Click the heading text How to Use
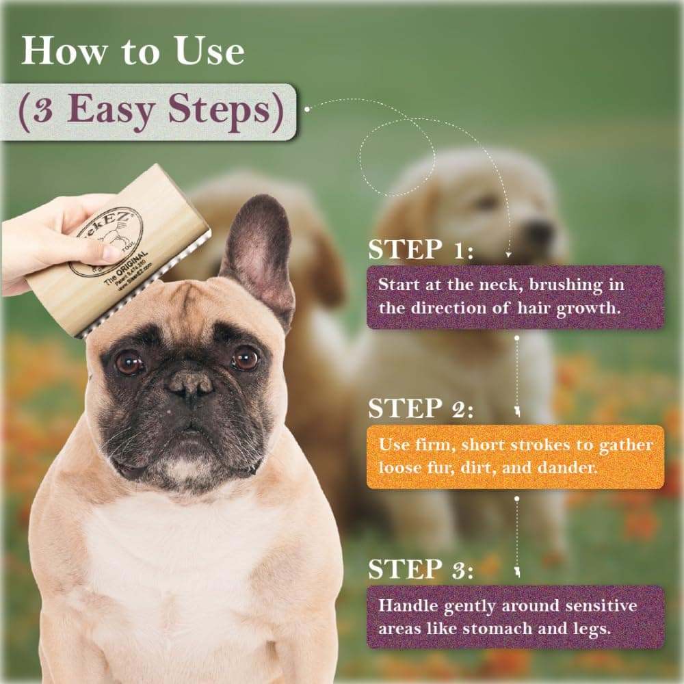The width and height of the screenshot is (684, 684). coord(132,51)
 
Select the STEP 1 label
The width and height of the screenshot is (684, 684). coord(420,250)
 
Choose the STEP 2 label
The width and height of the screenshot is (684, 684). coord(420,408)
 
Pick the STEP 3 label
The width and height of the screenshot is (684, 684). coord(420,569)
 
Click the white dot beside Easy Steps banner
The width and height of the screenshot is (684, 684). coord(308,109)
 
